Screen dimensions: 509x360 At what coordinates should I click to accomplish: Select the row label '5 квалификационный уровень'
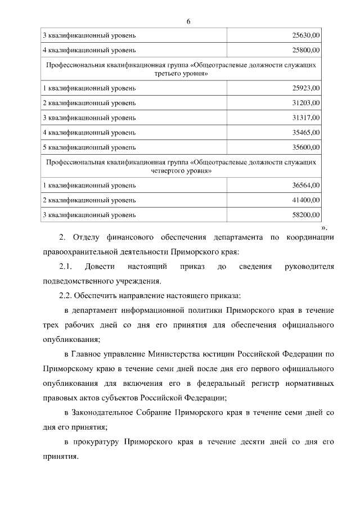(x=89, y=147)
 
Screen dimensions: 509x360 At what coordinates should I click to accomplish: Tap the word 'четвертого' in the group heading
(x=167, y=171)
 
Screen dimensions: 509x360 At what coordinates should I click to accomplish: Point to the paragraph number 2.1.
(x=66, y=266)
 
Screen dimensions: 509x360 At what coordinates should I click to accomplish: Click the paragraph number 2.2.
(x=67, y=295)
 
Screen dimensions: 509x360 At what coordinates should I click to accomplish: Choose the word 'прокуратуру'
(x=95, y=442)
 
